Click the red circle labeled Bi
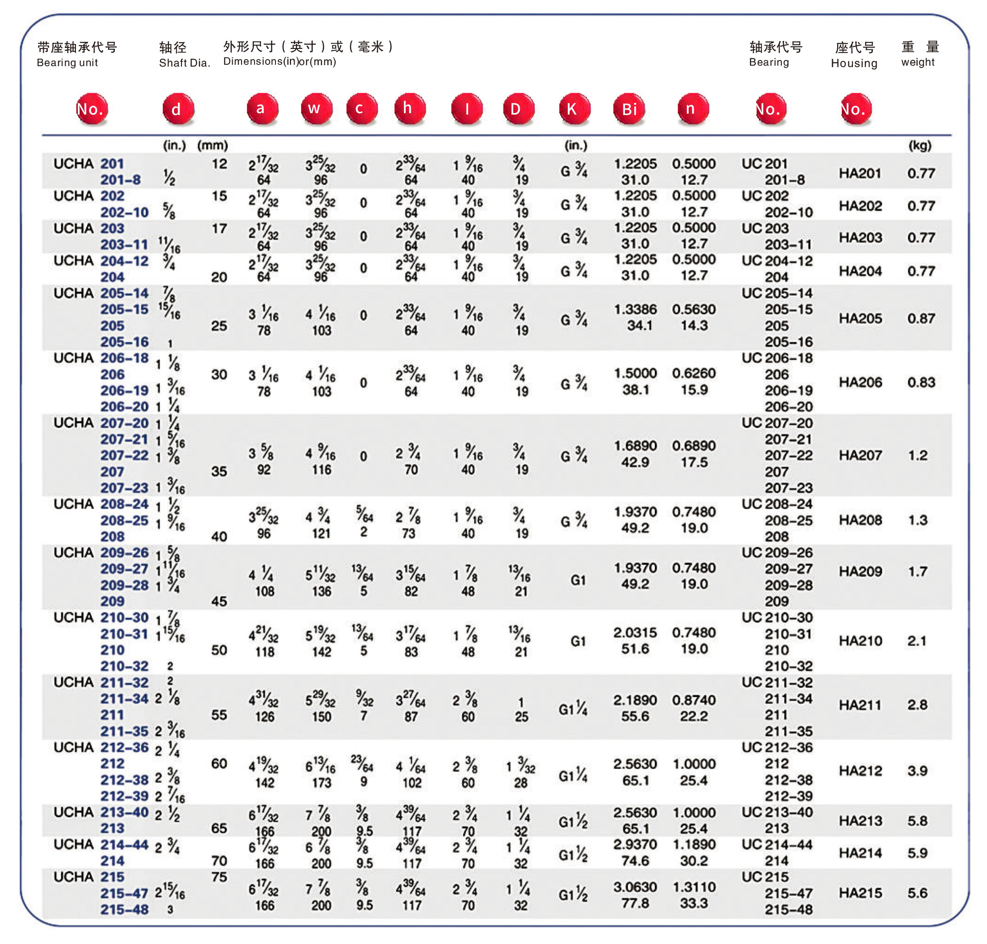[x=629, y=109]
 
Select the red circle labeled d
[x=177, y=109]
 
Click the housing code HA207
[x=860, y=455]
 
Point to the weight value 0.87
[x=920, y=319]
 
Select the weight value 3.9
[x=917, y=771]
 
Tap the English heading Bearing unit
[x=67, y=63]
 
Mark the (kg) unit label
[x=920, y=145]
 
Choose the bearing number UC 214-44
[x=777, y=844]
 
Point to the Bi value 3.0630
[x=635, y=887]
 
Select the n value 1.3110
[x=694, y=887]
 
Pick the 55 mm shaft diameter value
[x=219, y=715]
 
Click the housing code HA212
[x=860, y=771]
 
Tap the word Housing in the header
[x=854, y=63]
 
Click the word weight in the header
[x=918, y=62]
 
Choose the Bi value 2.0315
[x=635, y=632]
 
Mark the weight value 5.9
[x=917, y=853]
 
